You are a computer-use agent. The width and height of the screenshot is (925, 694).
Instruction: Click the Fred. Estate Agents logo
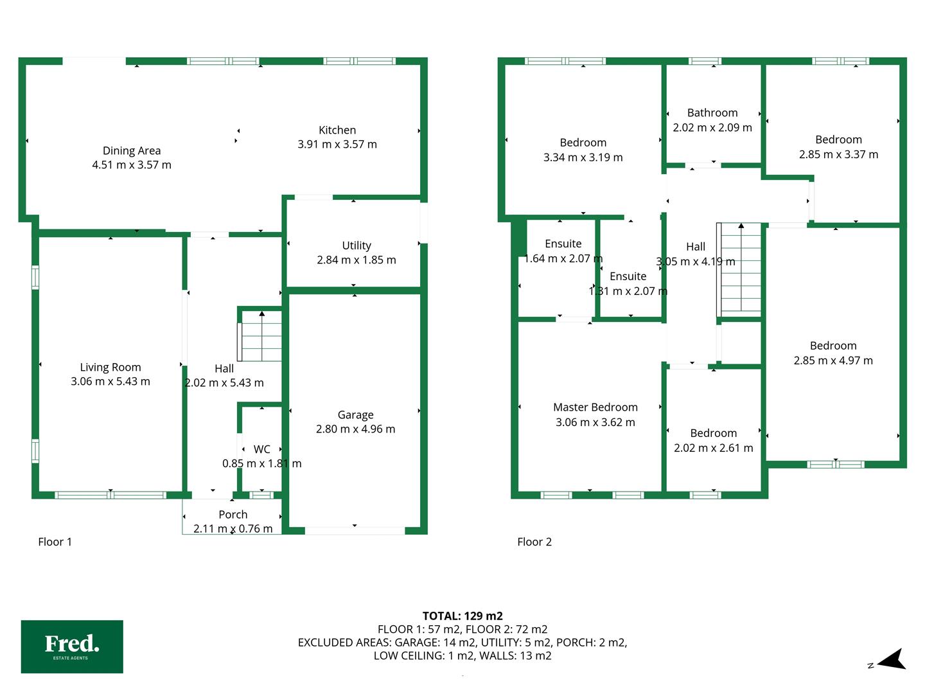pyautogui.click(x=72, y=646)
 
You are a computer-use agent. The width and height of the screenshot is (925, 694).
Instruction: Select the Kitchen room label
pyautogui.click(x=337, y=130)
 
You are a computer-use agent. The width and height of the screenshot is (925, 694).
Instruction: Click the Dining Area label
pyautogui.click(x=132, y=150)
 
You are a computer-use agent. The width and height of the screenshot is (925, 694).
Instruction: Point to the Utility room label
pyautogui.click(x=357, y=245)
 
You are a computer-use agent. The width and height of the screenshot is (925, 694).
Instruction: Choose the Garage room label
pyautogui.click(x=356, y=415)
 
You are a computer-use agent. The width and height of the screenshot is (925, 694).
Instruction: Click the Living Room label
pyautogui.click(x=110, y=368)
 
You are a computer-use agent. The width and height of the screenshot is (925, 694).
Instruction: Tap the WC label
pyautogui.click(x=261, y=449)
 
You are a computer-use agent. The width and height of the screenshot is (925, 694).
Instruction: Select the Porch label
pyautogui.click(x=233, y=515)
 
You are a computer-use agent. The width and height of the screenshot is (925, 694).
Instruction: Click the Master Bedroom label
pyautogui.click(x=595, y=407)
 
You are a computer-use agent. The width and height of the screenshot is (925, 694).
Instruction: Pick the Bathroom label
pyautogui.click(x=712, y=113)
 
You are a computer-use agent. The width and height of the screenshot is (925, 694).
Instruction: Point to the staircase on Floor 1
pyautogui.click(x=260, y=336)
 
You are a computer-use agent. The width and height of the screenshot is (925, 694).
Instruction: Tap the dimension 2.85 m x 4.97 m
pyautogui.click(x=833, y=360)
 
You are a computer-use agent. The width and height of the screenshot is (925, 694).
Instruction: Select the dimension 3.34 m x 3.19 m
pyautogui.click(x=583, y=157)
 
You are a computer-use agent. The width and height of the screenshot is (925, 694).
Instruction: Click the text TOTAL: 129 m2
pyautogui.click(x=463, y=616)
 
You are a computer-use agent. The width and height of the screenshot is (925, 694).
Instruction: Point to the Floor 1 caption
pyautogui.click(x=55, y=542)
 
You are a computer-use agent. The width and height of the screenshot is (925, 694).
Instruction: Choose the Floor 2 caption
pyautogui.click(x=534, y=542)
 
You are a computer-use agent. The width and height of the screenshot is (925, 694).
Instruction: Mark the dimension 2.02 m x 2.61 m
pyautogui.click(x=713, y=448)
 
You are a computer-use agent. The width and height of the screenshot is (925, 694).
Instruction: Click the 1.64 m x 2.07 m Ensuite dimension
pyautogui.click(x=563, y=259)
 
